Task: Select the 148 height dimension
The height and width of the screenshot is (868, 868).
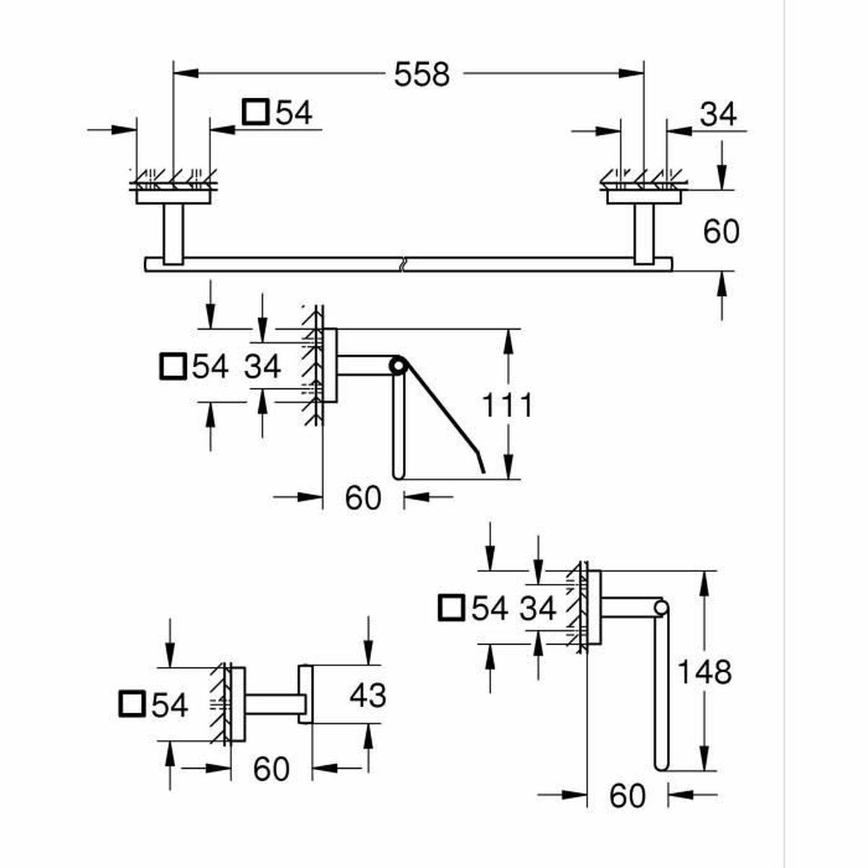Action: [x=704, y=673]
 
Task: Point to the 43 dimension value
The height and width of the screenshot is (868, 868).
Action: [x=367, y=696]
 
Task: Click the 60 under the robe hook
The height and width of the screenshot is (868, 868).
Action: [x=271, y=769]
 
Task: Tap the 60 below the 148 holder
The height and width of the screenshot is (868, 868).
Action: [x=626, y=796]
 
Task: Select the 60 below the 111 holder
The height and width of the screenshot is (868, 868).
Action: [x=362, y=498]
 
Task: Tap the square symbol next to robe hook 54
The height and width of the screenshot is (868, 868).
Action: [x=131, y=705]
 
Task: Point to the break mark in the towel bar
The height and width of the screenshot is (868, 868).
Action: [x=402, y=263]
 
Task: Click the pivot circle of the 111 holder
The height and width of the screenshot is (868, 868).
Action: [x=396, y=366]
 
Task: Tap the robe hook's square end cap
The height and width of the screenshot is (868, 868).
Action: [x=305, y=695]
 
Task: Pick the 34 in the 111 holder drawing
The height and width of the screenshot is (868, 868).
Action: [x=262, y=367]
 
